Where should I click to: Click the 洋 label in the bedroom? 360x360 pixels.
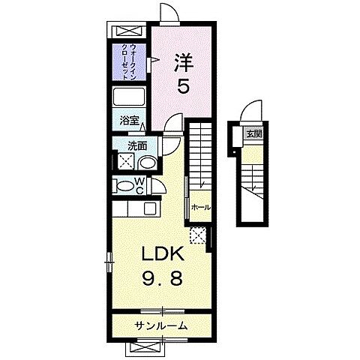pyautogui.click(x=183, y=60)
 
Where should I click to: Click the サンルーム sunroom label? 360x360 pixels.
pyautogui.click(x=161, y=325)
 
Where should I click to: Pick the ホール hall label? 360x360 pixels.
pyautogui.click(x=200, y=207)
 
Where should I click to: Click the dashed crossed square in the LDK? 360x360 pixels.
pyautogui.click(x=198, y=236)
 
